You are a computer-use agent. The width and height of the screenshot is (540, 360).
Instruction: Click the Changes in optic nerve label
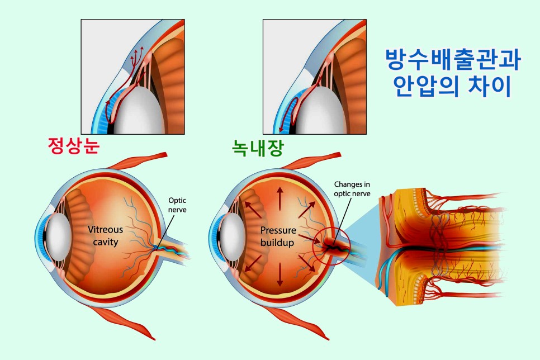click(352, 188)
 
